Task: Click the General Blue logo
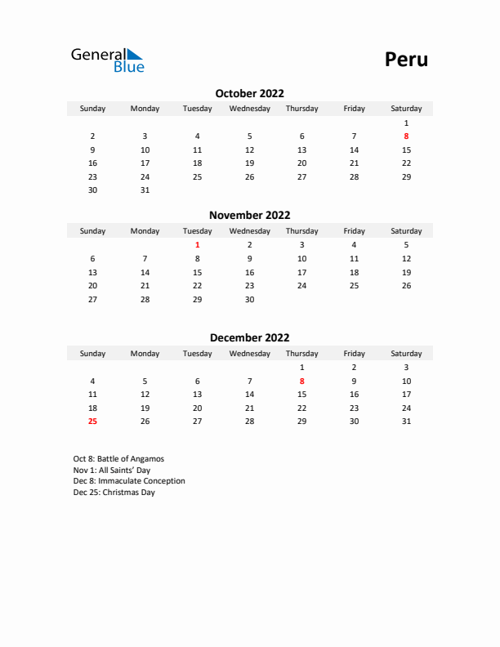(107, 60)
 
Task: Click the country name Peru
(406, 60)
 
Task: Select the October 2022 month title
(249, 93)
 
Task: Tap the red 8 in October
(406, 136)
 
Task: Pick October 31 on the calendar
(145, 190)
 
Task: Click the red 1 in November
(197, 244)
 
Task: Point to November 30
(249, 299)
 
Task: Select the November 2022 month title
(249, 216)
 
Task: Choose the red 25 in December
(92, 422)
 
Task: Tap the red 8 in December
(301, 381)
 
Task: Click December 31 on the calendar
(406, 422)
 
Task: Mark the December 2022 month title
(249, 337)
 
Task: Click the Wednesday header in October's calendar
(249, 109)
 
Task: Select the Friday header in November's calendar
(354, 231)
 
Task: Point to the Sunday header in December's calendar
(92, 354)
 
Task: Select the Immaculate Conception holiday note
(129, 481)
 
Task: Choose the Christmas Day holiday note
(114, 493)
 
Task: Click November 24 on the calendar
(301, 285)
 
